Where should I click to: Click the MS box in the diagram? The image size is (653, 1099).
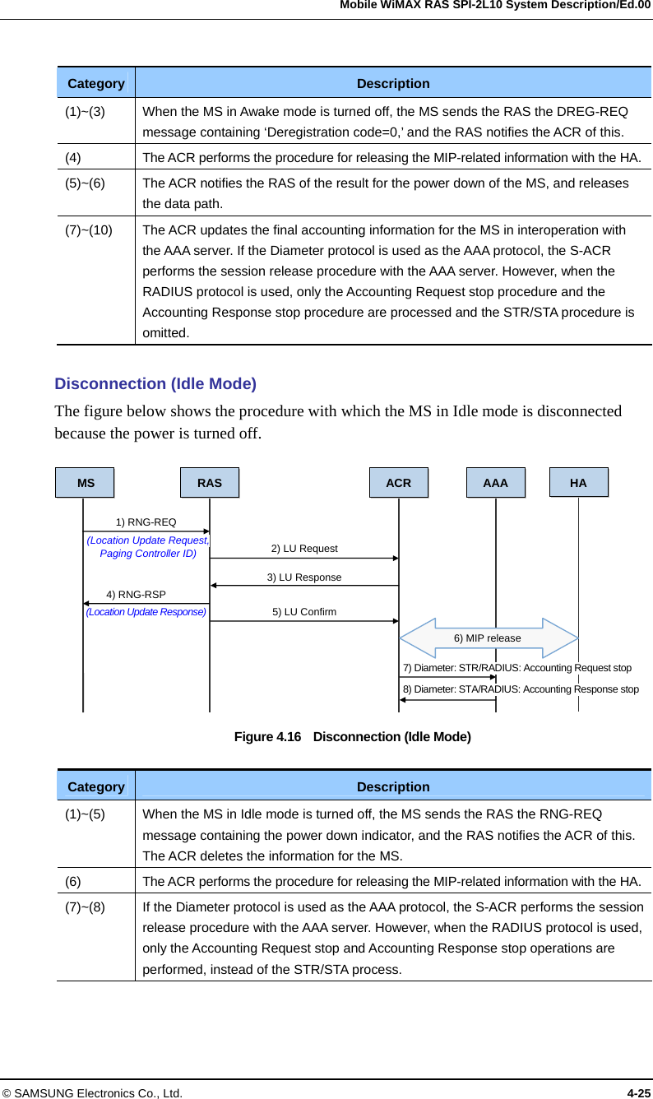point(86,483)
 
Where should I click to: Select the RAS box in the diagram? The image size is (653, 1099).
point(210,483)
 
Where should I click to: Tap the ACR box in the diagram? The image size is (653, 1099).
point(399,483)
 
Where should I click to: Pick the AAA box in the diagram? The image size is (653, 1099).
point(496,483)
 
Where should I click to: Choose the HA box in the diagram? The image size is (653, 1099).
point(579,483)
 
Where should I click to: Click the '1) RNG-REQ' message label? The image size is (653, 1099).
point(146,522)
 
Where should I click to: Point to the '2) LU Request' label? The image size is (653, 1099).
point(304,549)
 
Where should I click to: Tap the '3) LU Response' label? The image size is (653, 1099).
point(304,577)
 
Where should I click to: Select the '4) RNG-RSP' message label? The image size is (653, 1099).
point(137,595)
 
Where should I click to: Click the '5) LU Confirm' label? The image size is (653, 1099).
point(304,612)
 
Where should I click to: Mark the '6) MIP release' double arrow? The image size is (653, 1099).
point(489,638)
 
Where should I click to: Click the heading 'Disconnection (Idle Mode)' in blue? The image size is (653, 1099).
point(155,384)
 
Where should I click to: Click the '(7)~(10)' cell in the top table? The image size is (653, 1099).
point(90,230)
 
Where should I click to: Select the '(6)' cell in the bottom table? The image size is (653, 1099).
point(73,882)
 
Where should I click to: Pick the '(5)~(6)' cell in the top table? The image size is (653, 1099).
point(85,183)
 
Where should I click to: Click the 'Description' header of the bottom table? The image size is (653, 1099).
point(393,787)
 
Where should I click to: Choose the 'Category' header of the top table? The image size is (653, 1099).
point(96,84)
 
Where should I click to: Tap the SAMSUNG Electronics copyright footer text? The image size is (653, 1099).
point(92,1093)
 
